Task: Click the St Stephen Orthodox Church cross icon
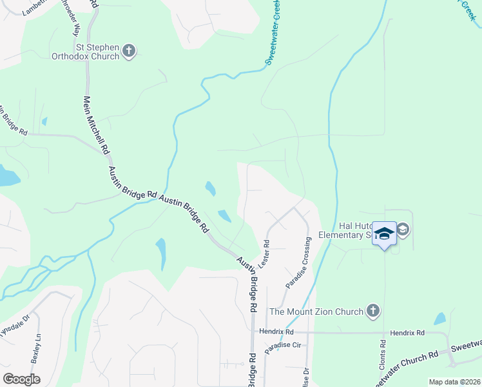coord(129,52)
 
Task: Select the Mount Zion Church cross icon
coord(372,312)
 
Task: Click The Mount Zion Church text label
coord(316,312)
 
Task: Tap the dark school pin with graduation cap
coord(385,234)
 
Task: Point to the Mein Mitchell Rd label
coord(95,126)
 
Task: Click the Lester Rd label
coord(264,255)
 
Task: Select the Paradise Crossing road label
coord(298,263)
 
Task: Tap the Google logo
coord(21,379)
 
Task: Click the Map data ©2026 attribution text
coord(454,382)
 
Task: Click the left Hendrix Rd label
coord(276,331)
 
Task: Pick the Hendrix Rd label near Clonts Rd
coord(407,333)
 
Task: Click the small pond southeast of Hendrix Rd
coord(439,319)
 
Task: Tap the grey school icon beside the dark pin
coord(403,230)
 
